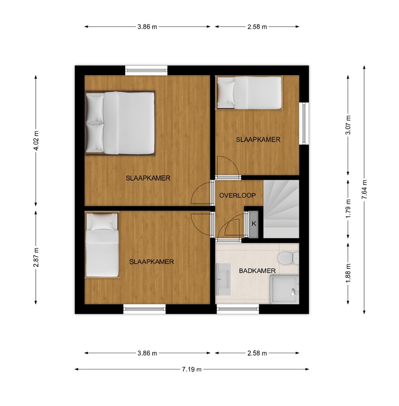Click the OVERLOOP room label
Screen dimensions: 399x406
coord(237,195)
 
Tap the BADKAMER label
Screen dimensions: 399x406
coord(257,271)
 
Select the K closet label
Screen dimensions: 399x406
coord(254,223)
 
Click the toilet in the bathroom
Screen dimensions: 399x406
coord(288,258)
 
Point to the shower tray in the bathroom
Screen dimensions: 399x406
coord(284,290)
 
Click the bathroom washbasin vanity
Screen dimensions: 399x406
coord(223,279)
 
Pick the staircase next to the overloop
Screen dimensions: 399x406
coord(281,209)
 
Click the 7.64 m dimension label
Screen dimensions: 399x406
coord(364,189)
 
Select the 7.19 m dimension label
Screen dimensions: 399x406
coord(192,369)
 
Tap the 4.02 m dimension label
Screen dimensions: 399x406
coord(36,140)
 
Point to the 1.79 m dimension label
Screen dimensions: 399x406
coord(348,209)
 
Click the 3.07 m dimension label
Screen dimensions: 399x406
coord(348,125)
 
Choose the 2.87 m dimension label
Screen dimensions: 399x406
coord(36,257)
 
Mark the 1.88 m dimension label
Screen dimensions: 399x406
coord(348,273)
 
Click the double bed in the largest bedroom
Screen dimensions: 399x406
coord(120,123)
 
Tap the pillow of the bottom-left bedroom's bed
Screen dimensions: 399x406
coord(102,222)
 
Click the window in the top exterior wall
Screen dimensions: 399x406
coord(146,70)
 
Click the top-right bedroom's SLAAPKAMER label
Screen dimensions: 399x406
coord(258,140)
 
